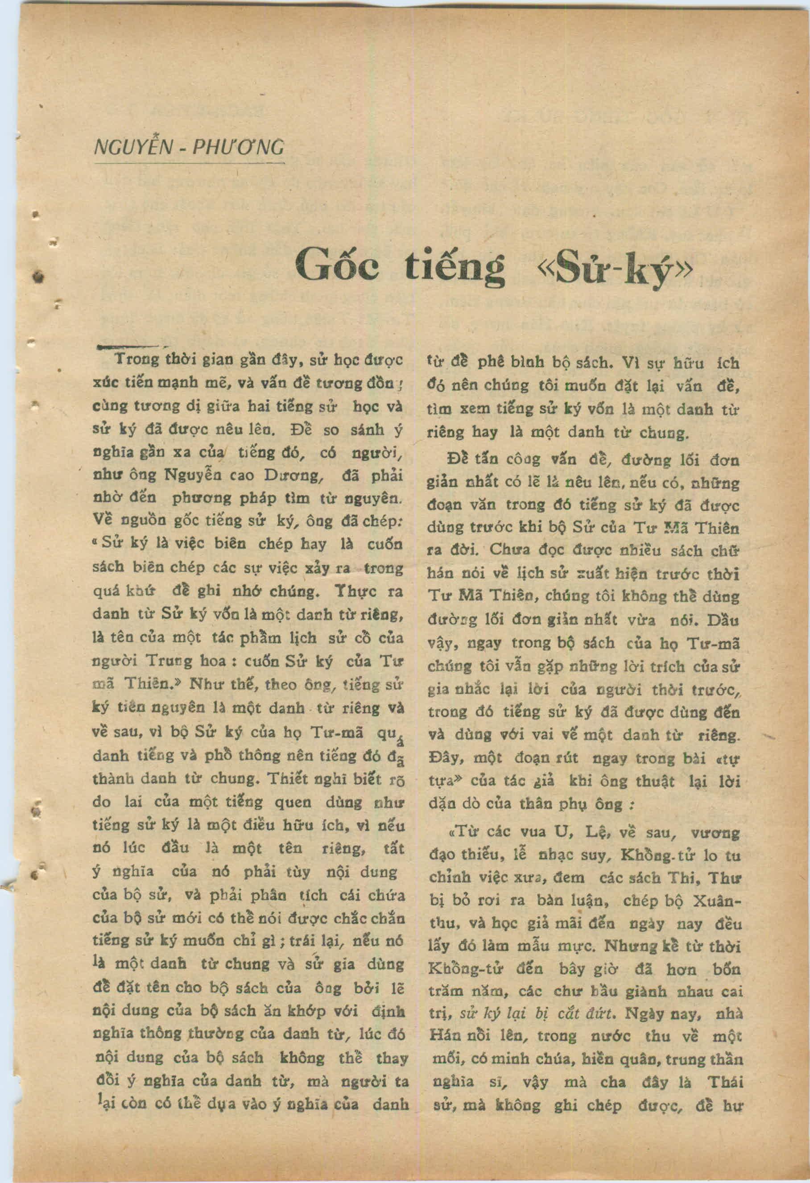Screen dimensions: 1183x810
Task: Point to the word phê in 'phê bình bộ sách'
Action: (x=490, y=364)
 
